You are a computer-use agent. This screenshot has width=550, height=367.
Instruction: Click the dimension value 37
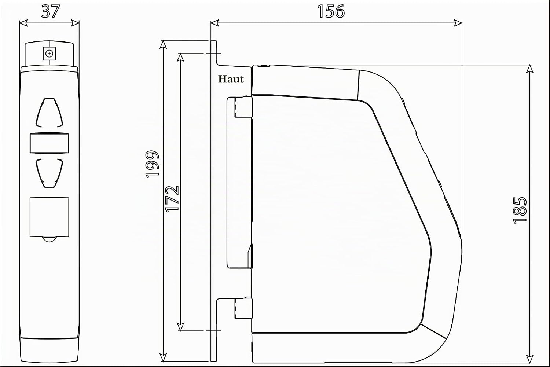coord(50,11)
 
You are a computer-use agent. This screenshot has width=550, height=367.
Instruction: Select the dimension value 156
coord(331,11)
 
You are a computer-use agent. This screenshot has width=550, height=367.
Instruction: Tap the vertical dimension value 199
coord(152,164)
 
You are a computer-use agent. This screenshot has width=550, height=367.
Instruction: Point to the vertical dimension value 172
coord(172,199)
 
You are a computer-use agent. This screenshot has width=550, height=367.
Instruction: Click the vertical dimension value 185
coord(520,210)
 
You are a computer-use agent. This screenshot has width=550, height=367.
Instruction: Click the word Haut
coord(231,79)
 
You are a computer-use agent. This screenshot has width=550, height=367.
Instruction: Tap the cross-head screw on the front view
coord(49,54)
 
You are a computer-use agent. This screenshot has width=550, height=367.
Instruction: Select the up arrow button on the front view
coord(49,113)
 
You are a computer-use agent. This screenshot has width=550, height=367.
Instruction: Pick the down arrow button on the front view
coord(49,173)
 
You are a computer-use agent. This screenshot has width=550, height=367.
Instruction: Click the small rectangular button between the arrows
coord(49,143)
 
